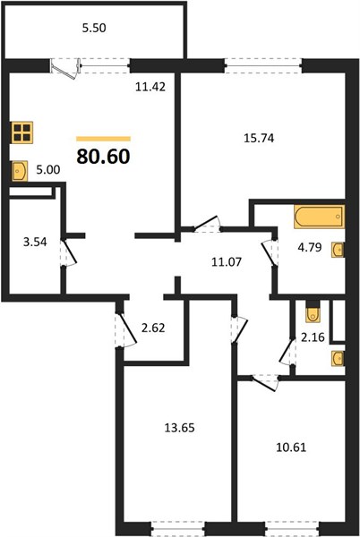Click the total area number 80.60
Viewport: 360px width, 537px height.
tap(104, 157)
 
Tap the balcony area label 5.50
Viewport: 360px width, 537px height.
tap(94, 28)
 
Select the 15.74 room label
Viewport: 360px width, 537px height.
tap(259, 138)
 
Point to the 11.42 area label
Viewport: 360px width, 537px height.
tap(150, 87)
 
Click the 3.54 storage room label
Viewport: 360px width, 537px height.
tap(35, 243)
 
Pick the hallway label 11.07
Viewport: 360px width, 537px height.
tap(227, 262)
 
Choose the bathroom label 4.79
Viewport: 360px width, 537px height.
tap(310, 247)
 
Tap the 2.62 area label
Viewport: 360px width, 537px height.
tap(153, 328)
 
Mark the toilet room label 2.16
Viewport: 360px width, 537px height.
tap(313, 337)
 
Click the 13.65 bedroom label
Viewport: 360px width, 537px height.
tap(179, 428)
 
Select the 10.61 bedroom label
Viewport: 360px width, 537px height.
tap(291, 447)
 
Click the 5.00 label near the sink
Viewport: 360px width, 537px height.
tap(48, 169)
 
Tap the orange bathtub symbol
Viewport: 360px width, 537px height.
tap(319, 217)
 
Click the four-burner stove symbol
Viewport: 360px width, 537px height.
tap(22, 132)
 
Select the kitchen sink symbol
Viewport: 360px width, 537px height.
tap(20, 171)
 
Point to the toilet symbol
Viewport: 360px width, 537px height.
tap(313, 311)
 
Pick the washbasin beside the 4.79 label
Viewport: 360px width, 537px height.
tap(338, 250)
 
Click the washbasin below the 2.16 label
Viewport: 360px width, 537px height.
tap(339, 359)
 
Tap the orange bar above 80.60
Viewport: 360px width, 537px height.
tap(104, 139)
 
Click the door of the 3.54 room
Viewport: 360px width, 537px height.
tap(69, 251)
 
